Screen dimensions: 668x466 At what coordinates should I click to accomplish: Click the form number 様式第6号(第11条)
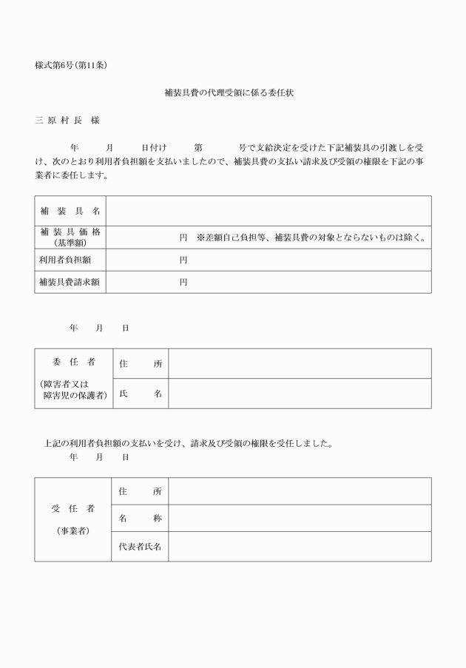coord(72,65)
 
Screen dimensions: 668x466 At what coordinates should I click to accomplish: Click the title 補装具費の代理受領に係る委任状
coord(233,94)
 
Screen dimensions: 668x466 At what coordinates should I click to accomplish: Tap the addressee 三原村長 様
coord(67,120)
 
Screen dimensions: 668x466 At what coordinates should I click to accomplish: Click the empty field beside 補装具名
coord(269,210)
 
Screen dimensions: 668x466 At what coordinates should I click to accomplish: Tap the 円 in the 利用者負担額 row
coord(183,260)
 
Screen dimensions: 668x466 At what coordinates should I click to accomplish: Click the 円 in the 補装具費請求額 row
coord(183,282)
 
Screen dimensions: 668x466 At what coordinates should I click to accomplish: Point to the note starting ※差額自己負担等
coord(311,237)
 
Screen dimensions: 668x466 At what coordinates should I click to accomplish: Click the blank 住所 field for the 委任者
coord(300,363)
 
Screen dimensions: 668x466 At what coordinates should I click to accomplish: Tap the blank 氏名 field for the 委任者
coord(300,394)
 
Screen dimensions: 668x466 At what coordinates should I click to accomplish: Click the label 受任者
coord(72,509)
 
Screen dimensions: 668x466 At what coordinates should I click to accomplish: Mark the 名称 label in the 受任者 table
coord(140,519)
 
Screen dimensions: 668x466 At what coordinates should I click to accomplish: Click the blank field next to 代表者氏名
coord(300,547)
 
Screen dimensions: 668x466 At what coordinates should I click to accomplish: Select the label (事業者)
coord(72,530)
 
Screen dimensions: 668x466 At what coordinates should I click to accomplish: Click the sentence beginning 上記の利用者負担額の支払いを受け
coord(189,444)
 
